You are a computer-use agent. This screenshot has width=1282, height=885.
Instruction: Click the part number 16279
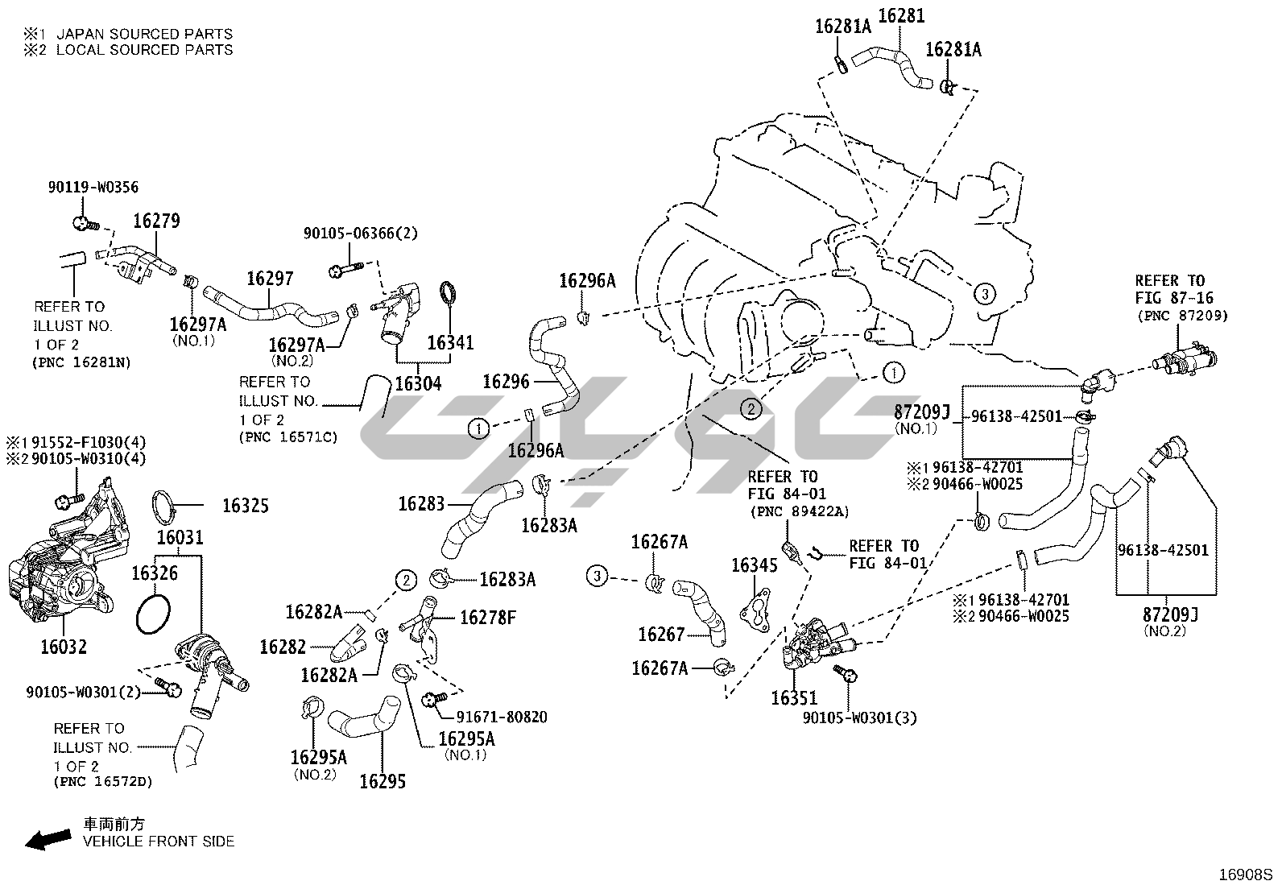pyautogui.click(x=156, y=221)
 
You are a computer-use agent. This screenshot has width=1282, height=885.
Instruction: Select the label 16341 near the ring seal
pyautogui.click(x=450, y=342)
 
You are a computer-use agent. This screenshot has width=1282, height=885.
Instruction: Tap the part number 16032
pyautogui.click(x=64, y=647)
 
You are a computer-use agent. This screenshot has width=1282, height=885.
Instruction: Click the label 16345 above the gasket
pyautogui.click(x=754, y=565)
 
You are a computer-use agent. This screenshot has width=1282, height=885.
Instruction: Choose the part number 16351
pyautogui.click(x=793, y=698)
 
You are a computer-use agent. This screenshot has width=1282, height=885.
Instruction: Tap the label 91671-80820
pyautogui.click(x=502, y=717)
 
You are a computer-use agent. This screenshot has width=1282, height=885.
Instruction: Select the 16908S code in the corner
pyautogui.click(x=1245, y=873)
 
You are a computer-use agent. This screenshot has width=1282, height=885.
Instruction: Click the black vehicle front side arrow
pyautogui.click(x=45, y=839)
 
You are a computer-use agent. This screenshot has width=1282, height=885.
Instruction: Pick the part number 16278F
pyautogui.click(x=488, y=618)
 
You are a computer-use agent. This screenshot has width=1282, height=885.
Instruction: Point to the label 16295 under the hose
pyautogui.click(x=383, y=781)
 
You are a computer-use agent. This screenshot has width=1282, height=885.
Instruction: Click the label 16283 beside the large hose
pyautogui.click(x=420, y=504)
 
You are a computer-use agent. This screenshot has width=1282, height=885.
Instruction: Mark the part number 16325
pyautogui.click(x=246, y=506)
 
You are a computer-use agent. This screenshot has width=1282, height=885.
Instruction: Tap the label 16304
pyautogui.click(x=418, y=383)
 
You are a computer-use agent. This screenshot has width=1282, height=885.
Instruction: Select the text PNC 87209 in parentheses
pyautogui.click(x=1183, y=316)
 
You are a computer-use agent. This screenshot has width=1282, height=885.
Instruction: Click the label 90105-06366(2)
pyautogui.click(x=361, y=234)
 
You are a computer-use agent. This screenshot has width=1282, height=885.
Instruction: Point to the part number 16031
pyautogui.click(x=180, y=537)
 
